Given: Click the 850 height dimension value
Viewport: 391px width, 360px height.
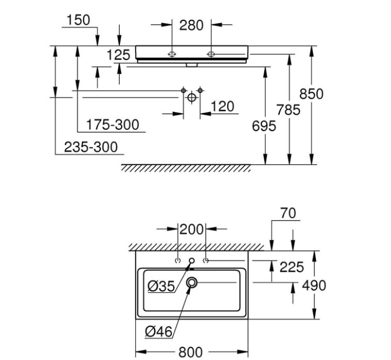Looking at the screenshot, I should (312, 94).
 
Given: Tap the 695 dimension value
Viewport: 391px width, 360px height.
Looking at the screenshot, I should (263, 126).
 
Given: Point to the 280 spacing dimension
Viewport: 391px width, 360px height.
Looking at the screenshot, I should (191, 25).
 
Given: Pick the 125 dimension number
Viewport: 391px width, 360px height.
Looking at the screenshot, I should (118, 55).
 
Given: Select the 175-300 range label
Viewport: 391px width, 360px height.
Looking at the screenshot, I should (113, 125).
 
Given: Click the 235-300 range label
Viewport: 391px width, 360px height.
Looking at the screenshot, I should (91, 147).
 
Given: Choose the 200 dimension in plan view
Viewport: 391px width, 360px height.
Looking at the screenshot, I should (193, 230).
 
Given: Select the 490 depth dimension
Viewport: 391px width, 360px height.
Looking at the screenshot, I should (314, 285).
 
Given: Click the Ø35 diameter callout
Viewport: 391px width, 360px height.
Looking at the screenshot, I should (160, 286).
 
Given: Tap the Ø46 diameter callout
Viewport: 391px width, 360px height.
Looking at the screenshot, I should (159, 331).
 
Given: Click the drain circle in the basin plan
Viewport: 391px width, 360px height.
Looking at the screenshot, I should (192, 283).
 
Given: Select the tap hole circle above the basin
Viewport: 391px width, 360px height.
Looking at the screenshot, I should (192, 261).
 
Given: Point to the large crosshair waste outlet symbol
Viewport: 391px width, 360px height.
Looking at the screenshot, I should (191, 98).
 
